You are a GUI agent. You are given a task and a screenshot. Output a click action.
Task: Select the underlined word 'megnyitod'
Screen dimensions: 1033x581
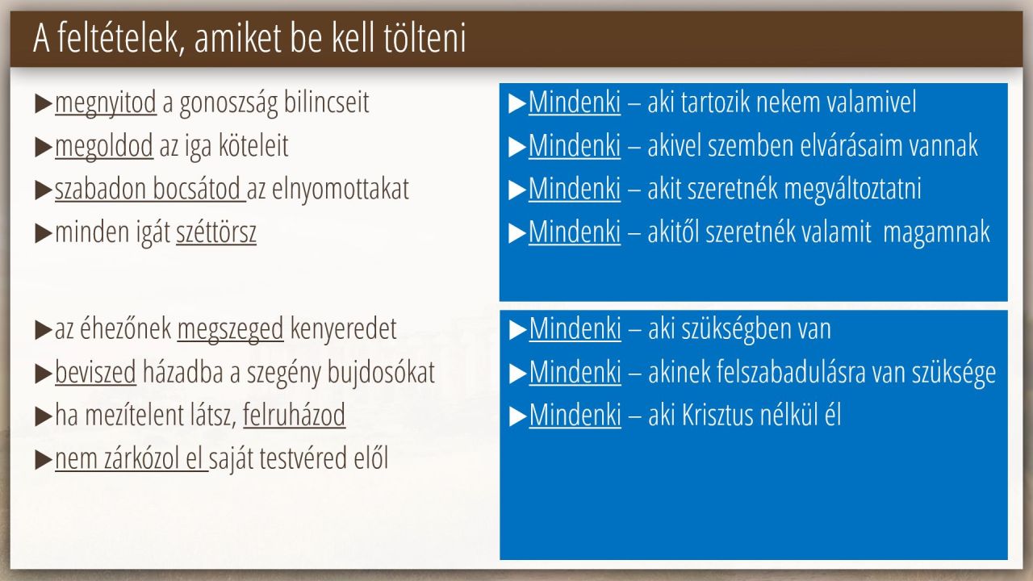106,102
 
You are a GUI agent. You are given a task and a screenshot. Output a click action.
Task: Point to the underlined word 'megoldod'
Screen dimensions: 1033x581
104,146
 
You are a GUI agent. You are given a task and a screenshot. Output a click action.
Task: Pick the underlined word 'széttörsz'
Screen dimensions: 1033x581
216,232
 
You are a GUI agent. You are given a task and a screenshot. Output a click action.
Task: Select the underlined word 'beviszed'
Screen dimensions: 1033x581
95,372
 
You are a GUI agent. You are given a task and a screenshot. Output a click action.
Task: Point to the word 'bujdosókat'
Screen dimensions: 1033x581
381,373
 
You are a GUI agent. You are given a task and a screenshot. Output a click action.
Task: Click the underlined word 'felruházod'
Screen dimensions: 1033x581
295,415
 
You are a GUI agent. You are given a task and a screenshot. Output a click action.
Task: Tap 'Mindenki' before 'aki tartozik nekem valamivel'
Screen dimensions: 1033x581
575,102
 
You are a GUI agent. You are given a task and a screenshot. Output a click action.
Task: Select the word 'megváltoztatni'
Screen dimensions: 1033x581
853,189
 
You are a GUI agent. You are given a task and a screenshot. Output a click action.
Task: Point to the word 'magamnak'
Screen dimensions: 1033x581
936,232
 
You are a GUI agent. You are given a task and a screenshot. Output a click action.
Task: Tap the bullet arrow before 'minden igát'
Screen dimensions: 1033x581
44,233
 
